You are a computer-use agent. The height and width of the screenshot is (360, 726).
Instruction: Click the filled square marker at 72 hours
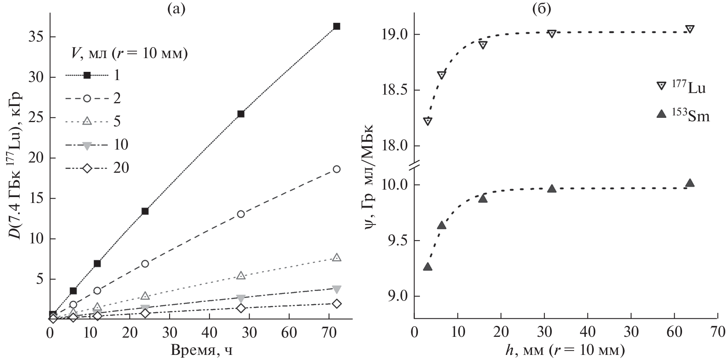[336, 26]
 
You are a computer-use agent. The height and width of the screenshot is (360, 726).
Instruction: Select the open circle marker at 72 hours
[336, 169]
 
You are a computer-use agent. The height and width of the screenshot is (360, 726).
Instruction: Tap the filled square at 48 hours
[241, 114]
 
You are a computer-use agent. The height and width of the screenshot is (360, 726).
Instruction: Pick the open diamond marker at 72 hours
[336, 303]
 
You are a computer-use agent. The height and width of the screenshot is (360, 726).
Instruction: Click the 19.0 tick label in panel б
[395, 35]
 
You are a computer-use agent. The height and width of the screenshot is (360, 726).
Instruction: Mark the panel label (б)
[542, 8]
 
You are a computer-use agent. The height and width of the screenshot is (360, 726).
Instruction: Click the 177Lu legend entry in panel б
[683, 87]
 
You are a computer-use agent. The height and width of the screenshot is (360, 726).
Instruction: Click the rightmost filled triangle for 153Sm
[690, 183]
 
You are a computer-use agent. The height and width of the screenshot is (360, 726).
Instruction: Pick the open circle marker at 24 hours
[145, 264]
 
